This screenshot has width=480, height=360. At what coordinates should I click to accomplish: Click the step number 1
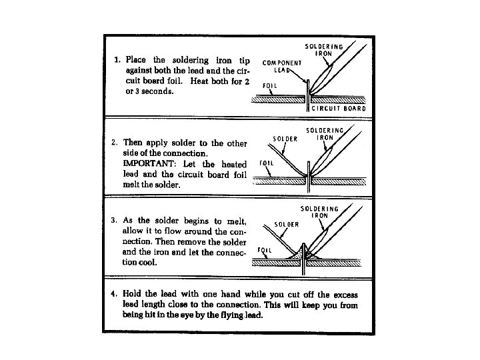coord(117,60)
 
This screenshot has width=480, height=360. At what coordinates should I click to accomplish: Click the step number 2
coord(114,142)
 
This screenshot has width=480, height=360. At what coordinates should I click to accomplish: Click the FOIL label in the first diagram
coord(270,86)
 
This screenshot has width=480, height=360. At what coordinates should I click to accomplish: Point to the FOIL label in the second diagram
coord(265,163)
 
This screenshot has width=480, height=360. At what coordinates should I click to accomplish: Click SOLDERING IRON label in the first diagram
coord(324,50)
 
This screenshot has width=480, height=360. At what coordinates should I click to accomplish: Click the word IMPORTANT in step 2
coord(147,163)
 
